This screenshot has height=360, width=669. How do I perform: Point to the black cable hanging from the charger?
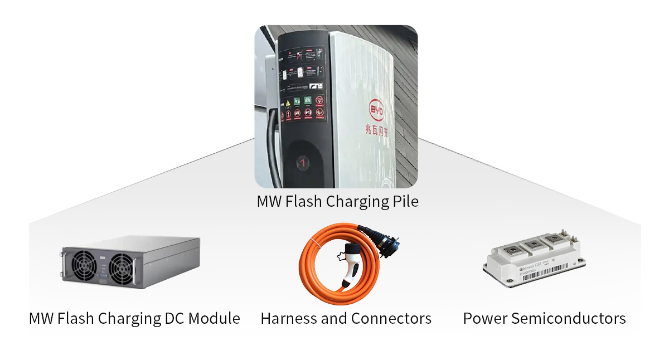272,145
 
